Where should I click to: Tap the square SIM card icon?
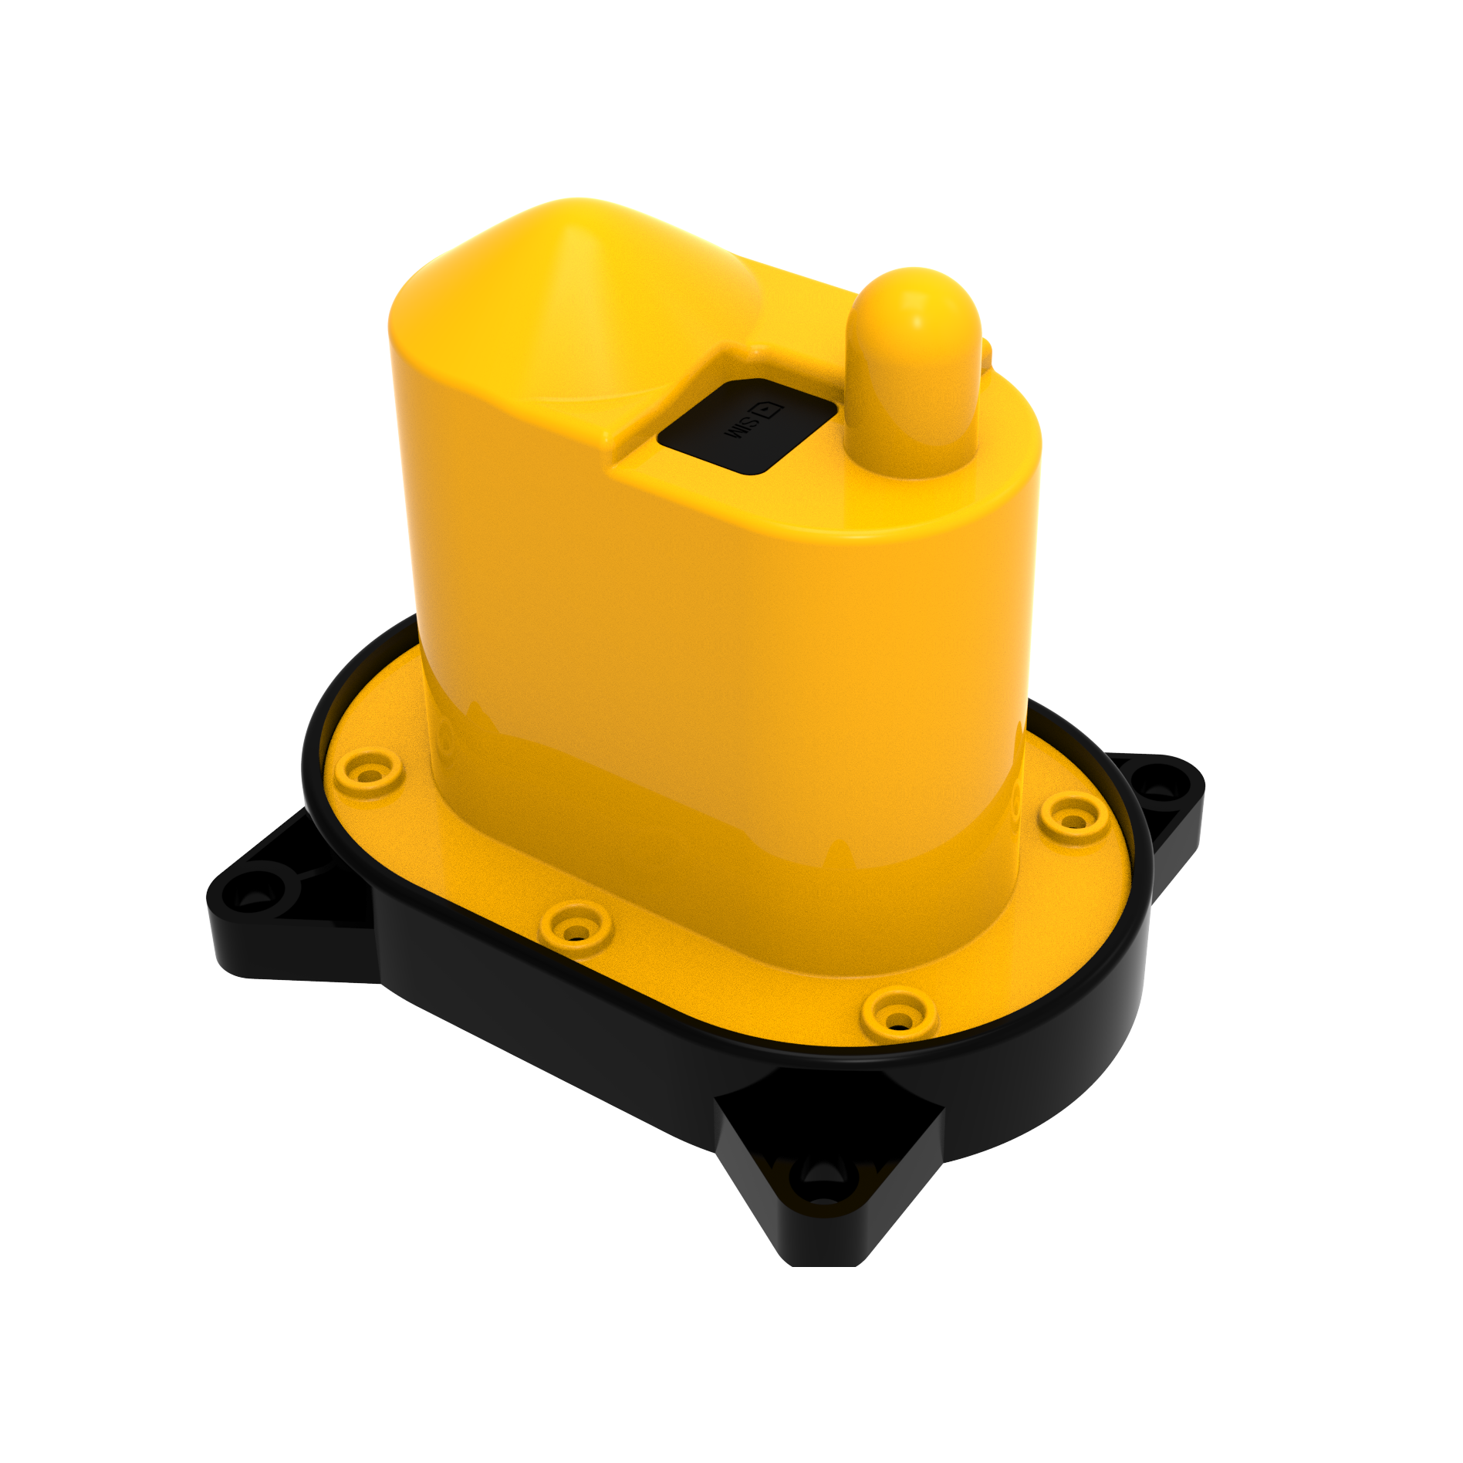(x=769, y=410)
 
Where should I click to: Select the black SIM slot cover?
(x=746, y=426)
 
